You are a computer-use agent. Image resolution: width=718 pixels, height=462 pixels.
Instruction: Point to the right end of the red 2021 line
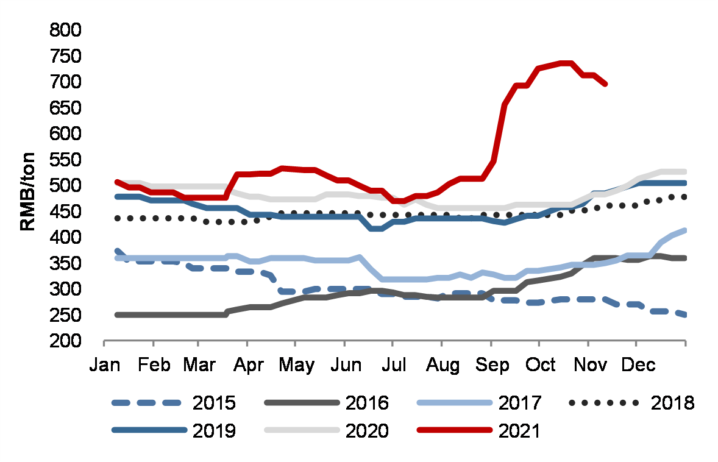coord(605,84)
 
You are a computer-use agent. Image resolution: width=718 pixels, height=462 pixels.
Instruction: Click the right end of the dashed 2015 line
coord(685,315)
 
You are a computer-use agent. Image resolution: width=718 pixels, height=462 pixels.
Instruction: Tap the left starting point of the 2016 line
coord(117,315)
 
